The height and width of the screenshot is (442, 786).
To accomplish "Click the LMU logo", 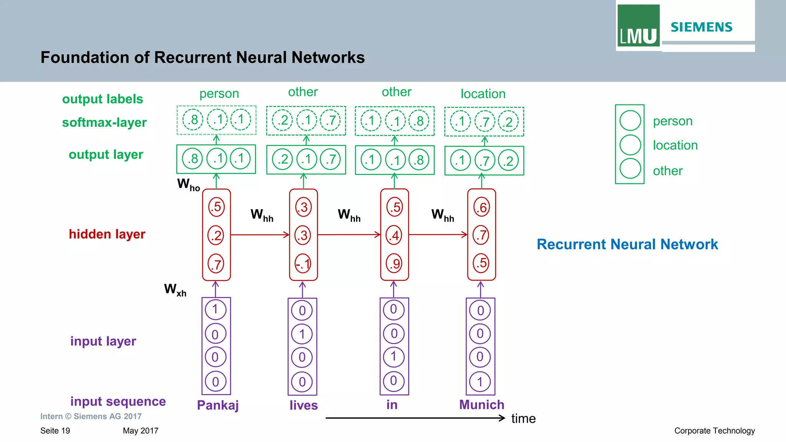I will (x=638, y=26).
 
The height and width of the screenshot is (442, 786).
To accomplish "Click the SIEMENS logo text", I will (x=701, y=27).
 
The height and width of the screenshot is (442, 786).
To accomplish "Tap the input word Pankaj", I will (x=218, y=405).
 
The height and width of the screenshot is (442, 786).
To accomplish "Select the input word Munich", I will (x=482, y=405).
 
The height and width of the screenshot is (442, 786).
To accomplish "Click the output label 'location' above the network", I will (x=483, y=94).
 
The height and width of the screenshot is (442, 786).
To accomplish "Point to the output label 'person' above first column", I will (x=219, y=93).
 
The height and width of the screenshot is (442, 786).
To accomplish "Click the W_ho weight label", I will (x=188, y=185).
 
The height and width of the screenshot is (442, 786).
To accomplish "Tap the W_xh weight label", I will (x=175, y=290).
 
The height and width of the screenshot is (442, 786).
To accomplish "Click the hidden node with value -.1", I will (x=303, y=264).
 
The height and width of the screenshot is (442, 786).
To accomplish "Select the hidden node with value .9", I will (x=394, y=263).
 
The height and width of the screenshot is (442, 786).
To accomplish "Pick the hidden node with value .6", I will (x=481, y=207).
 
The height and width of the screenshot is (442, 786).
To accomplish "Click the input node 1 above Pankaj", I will (x=215, y=310).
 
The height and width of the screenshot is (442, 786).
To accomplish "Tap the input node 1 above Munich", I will (x=480, y=382).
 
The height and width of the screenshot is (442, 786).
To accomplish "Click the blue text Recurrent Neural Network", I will (x=627, y=245).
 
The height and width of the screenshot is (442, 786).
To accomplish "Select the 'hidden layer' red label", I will (x=107, y=234).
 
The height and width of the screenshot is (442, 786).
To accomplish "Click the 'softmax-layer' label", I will (x=104, y=123).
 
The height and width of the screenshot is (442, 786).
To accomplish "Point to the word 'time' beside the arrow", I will (x=523, y=419).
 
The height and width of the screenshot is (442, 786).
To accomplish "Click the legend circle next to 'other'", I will (x=630, y=169).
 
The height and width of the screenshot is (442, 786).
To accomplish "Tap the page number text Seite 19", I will (x=55, y=431).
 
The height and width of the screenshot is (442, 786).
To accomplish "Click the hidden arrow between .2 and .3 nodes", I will (x=260, y=235).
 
